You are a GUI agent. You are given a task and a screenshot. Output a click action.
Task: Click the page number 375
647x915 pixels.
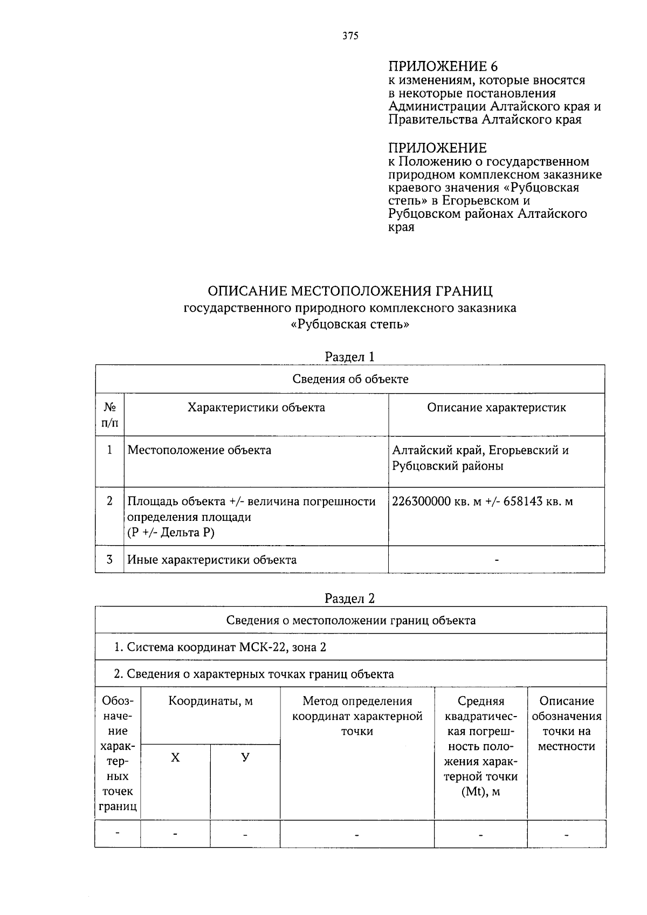[350, 36]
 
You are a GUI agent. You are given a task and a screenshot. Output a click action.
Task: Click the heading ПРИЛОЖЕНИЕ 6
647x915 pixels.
[443, 66]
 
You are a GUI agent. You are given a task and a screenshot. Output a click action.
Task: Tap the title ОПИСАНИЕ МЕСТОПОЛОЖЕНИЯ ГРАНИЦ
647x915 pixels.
[350, 291]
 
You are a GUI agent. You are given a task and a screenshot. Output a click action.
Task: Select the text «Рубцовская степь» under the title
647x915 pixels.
[350, 325]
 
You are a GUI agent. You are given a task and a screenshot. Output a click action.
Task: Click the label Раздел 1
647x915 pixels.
[349, 356]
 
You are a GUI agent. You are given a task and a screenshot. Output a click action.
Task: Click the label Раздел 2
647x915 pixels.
[349, 598]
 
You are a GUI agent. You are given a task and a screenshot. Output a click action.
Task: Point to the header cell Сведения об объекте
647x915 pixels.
[350, 379]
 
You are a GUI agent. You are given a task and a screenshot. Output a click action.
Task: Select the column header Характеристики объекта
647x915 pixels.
[256, 408]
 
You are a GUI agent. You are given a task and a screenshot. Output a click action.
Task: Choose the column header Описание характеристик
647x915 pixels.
[496, 408]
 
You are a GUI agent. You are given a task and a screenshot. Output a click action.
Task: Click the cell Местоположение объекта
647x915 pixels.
[199, 450]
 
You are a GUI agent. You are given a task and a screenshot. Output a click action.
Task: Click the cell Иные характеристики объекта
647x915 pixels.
[212, 560]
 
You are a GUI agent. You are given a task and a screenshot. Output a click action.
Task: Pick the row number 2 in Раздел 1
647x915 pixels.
[109, 501]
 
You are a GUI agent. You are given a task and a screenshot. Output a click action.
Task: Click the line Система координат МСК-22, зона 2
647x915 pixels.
[221, 647]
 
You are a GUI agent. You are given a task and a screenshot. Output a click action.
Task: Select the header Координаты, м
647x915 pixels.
[210, 701]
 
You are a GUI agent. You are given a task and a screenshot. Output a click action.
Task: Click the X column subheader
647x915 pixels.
[175, 758]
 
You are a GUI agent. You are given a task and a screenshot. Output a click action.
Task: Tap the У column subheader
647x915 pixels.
[245, 758]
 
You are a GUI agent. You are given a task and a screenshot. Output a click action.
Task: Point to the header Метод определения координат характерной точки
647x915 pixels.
[357, 716]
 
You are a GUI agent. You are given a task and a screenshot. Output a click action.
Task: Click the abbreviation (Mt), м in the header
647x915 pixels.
[480, 792]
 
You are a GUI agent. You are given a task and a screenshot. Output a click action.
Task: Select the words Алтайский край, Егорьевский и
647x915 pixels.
[480, 450]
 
